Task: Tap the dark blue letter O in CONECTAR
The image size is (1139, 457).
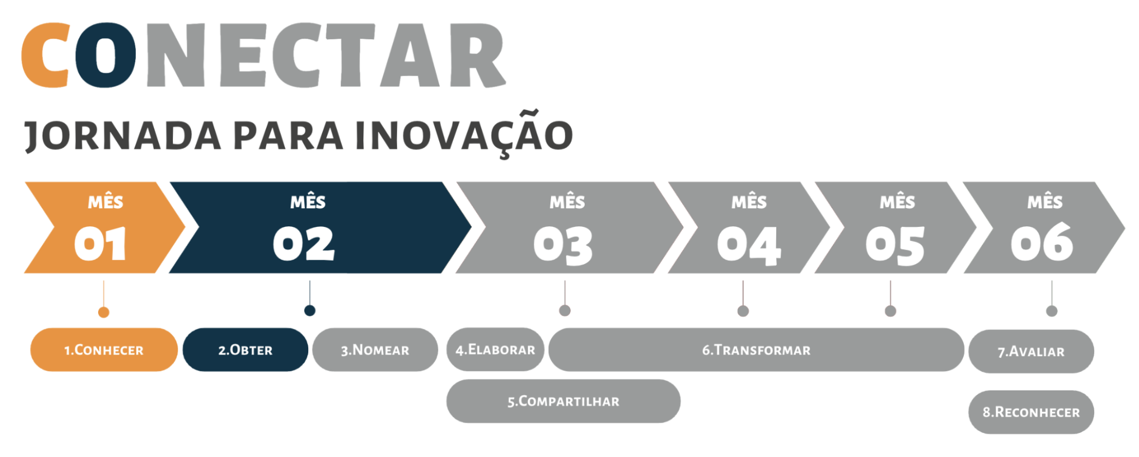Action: point(105,55)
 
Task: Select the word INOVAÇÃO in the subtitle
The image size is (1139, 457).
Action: point(464,134)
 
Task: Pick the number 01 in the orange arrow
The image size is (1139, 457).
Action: point(100,244)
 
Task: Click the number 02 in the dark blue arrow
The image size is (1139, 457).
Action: point(304,244)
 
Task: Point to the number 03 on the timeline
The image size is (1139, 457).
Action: point(563,245)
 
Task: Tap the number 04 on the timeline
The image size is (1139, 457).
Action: point(749,245)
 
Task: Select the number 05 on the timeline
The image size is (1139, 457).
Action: point(895,245)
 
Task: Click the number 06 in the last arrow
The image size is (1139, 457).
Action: point(1042,242)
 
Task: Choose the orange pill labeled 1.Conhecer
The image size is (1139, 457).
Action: point(104,350)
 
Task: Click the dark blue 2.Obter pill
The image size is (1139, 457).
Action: point(245,350)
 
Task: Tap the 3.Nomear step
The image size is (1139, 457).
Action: point(375,350)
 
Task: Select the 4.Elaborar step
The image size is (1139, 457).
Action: point(495,350)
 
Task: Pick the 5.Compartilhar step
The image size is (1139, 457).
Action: point(563,401)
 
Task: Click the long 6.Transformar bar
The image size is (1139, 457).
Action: point(757,350)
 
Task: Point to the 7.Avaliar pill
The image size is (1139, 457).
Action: point(1032,352)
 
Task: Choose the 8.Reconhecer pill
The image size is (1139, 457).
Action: point(1032,412)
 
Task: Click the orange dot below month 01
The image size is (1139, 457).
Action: point(104,312)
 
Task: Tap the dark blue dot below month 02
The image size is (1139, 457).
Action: point(310,310)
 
